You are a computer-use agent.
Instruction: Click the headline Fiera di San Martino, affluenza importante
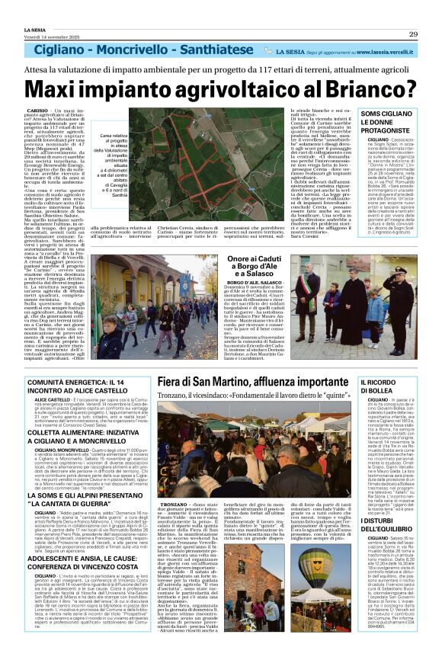[x=248, y=382]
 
